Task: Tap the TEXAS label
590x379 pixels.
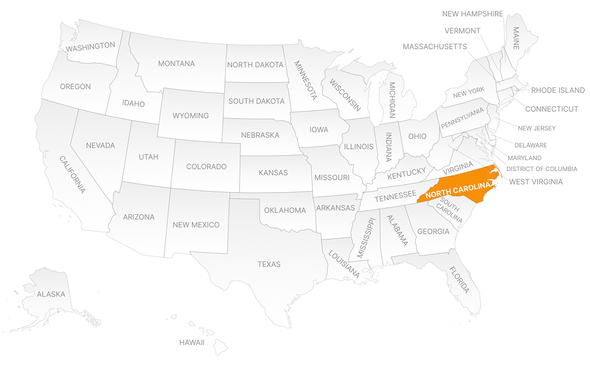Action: pos(269,264)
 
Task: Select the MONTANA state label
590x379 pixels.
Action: pos(176,64)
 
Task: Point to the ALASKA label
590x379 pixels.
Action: pos(51,295)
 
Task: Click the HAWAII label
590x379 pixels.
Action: pos(191,343)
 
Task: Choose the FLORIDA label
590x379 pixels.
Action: pos(459,280)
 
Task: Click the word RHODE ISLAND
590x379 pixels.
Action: pos(557,90)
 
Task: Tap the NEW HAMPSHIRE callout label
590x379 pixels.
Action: pos(472,14)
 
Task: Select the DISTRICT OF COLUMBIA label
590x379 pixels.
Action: pos(542,169)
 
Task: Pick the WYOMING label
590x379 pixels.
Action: pos(190,116)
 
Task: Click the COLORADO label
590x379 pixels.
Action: pos(206,167)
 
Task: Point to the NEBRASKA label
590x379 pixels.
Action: pos(260,135)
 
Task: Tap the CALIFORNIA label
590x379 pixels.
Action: pos(72,174)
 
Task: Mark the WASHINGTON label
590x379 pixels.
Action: pos(91,46)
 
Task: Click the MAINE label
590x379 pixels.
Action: pos(516,38)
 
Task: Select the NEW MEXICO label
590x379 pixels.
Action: pos(196,225)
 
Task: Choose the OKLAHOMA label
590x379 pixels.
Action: pos(285,210)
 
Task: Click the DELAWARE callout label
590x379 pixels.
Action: pos(530,146)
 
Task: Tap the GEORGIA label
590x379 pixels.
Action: pos(433,232)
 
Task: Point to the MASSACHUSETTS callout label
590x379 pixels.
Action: pos(434,47)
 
